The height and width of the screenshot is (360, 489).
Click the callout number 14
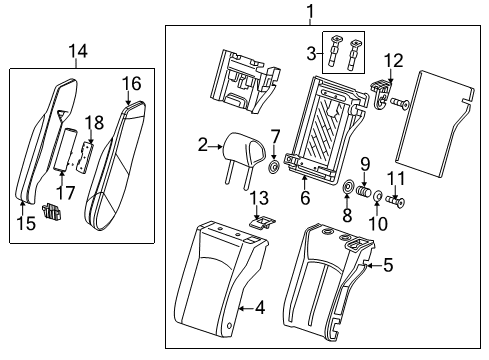tap(78, 52)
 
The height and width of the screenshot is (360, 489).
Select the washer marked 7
tap(274, 166)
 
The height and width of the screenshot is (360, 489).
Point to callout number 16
tap(132, 83)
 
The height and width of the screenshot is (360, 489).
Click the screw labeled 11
tap(396, 201)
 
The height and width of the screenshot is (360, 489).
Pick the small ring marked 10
tap(377, 196)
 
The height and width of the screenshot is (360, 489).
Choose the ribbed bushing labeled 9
tap(363, 192)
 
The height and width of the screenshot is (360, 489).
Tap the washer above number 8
tap(348, 186)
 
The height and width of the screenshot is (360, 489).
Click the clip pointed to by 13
tap(263, 221)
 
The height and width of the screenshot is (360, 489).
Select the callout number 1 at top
tap(310, 12)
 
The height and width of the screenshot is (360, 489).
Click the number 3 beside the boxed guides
tap(311, 53)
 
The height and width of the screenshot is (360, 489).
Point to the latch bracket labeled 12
tap(381, 95)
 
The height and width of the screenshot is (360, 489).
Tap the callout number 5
tap(388, 265)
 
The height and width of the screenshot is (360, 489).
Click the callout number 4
tap(260, 308)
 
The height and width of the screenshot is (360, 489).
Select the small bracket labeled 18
tap(85, 156)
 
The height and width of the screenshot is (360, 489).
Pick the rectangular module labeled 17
tap(66, 150)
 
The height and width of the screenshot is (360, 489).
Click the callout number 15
tap(26, 223)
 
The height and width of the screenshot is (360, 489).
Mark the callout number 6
tap(305, 198)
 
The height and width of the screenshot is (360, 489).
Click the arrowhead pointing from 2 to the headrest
tap(220, 146)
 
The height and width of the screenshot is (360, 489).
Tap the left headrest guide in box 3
tap(334, 52)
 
